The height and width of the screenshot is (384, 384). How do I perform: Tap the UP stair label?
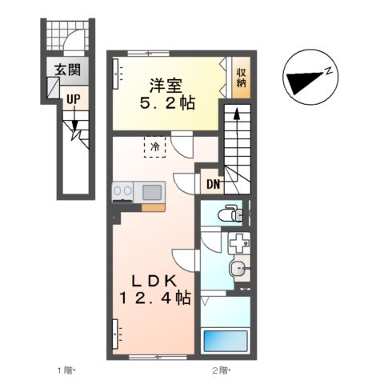[72, 100]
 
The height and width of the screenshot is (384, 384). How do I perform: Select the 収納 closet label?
[240, 78]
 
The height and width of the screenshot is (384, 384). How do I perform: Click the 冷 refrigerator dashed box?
[154, 146]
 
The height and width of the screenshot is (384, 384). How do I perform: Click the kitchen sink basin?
[151, 192]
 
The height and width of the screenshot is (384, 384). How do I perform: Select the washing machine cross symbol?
[237, 246]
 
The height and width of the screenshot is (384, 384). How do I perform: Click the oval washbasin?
[237, 269]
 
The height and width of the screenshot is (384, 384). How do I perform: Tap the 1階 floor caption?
[64, 370]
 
